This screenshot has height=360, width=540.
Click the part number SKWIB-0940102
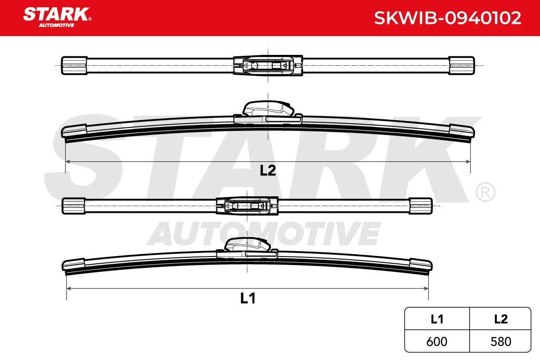tap(448, 18)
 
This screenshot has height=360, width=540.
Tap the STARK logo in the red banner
tap(57, 17)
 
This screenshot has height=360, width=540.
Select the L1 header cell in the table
tap(437, 319)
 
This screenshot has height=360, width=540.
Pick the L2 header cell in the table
tap(501, 319)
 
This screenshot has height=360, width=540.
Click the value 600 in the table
tap(436, 342)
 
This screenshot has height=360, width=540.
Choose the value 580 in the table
tap(501, 342)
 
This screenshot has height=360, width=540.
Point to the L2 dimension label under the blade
tap(268, 171)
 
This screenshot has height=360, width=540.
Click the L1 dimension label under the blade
tap(248, 298)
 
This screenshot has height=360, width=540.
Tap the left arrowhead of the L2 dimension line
tap(68, 162)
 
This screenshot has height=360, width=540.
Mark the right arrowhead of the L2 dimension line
tap(468, 162)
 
